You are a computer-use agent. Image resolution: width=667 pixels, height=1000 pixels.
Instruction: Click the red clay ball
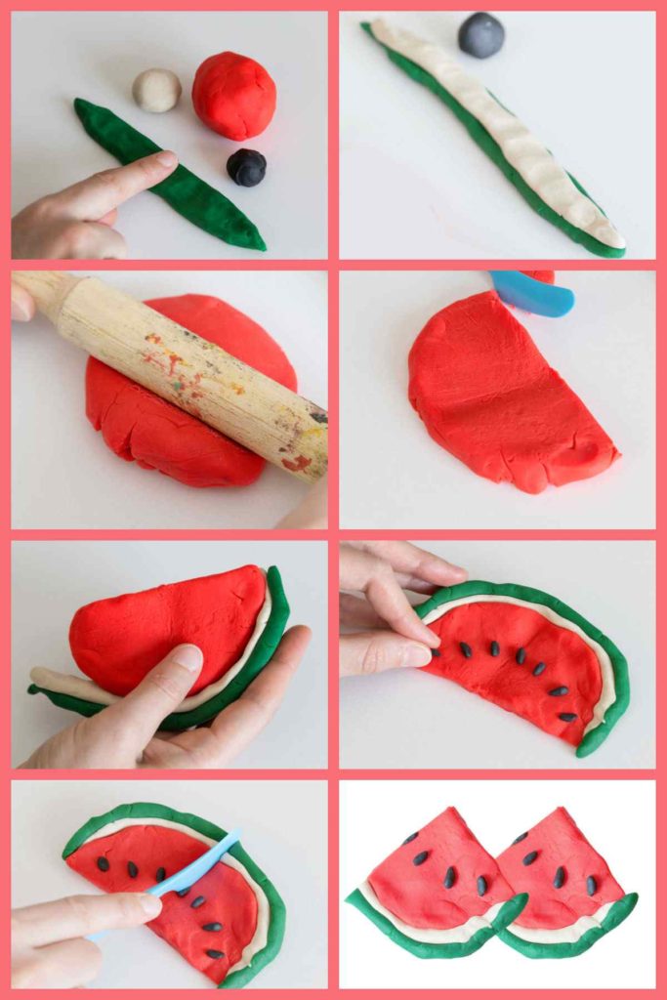pyautogui.click(x=233, y=95)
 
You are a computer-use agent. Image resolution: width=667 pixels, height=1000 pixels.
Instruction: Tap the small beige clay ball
pyautogui.click(x=156, y=90)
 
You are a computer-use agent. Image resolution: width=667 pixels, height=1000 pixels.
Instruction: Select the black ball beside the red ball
pyautogui.click(x=246, y=167)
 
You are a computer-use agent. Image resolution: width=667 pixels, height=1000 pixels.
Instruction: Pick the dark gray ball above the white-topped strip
pyautogui.click(x=481, y=35)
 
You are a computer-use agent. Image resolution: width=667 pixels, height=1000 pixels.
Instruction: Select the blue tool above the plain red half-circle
pyautogui.click(x=533, y=293)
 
